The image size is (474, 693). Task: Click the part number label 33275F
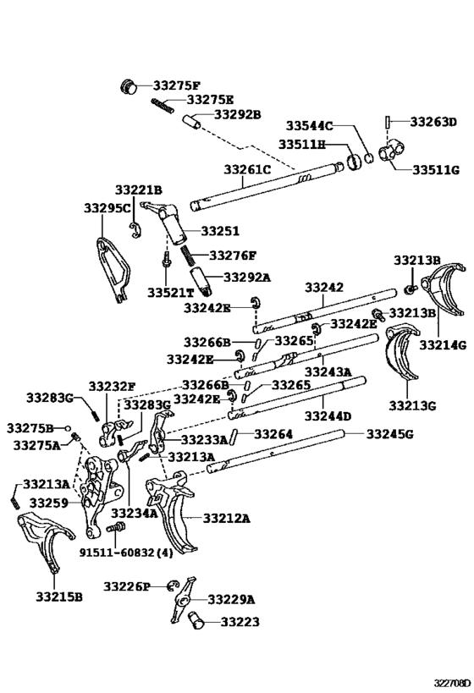(177, 85)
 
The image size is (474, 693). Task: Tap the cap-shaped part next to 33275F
(130, 85)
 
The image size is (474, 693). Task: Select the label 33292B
(237, 114)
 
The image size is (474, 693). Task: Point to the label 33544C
(311, 125)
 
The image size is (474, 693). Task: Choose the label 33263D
(433, 121)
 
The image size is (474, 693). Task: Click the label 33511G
(436, 170)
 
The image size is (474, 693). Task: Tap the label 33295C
(107, 207)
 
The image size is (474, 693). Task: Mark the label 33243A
(328, 372)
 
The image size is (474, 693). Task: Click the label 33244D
(328, 416)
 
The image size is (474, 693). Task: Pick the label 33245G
(389, 434)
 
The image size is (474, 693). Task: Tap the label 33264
(273, 434)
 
